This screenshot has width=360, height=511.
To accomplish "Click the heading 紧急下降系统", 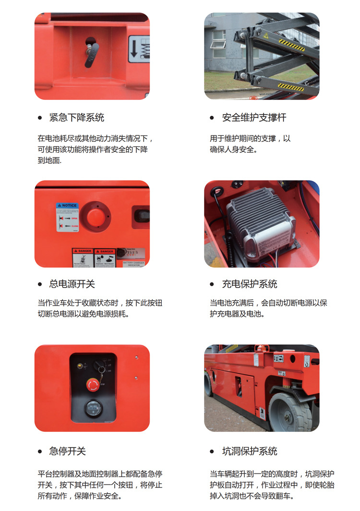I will click(76, 118).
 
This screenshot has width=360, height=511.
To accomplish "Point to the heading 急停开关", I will click(67, 451).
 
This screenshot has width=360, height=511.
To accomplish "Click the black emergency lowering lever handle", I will click(92, 54).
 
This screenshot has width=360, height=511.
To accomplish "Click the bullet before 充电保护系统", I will click(212, 285).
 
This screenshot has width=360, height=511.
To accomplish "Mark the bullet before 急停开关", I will click(40, 452).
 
